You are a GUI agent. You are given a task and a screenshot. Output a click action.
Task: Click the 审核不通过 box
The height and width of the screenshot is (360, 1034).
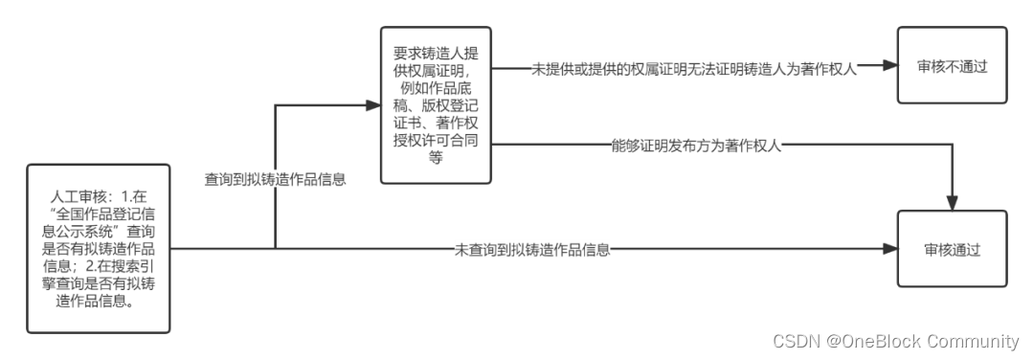click(x=951, y=65)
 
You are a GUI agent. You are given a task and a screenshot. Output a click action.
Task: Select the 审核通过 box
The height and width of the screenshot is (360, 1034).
click(x=951, y=249)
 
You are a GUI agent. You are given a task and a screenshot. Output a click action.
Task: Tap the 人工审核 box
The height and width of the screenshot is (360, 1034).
click(x=99, y=249)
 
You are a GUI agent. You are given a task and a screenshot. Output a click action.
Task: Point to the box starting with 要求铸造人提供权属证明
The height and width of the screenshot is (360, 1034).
click(x=436, y=105)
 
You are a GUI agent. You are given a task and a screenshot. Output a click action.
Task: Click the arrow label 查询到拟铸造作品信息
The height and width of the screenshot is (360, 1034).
click(x=275, y=179)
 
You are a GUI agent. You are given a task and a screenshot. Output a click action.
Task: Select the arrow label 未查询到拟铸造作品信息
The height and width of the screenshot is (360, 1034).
click(x=532, y=250)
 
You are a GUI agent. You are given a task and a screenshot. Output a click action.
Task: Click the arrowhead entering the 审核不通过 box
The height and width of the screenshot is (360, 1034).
click(x=890, y=66)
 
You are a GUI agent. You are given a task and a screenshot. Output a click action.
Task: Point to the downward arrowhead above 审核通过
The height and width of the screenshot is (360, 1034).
click(x=951, y=204)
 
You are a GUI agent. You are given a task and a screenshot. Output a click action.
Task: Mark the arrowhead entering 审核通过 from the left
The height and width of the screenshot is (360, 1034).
click(x=890, y=250)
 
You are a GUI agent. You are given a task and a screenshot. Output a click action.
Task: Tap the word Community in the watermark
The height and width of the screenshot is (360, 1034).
click(x=974, y=341)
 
